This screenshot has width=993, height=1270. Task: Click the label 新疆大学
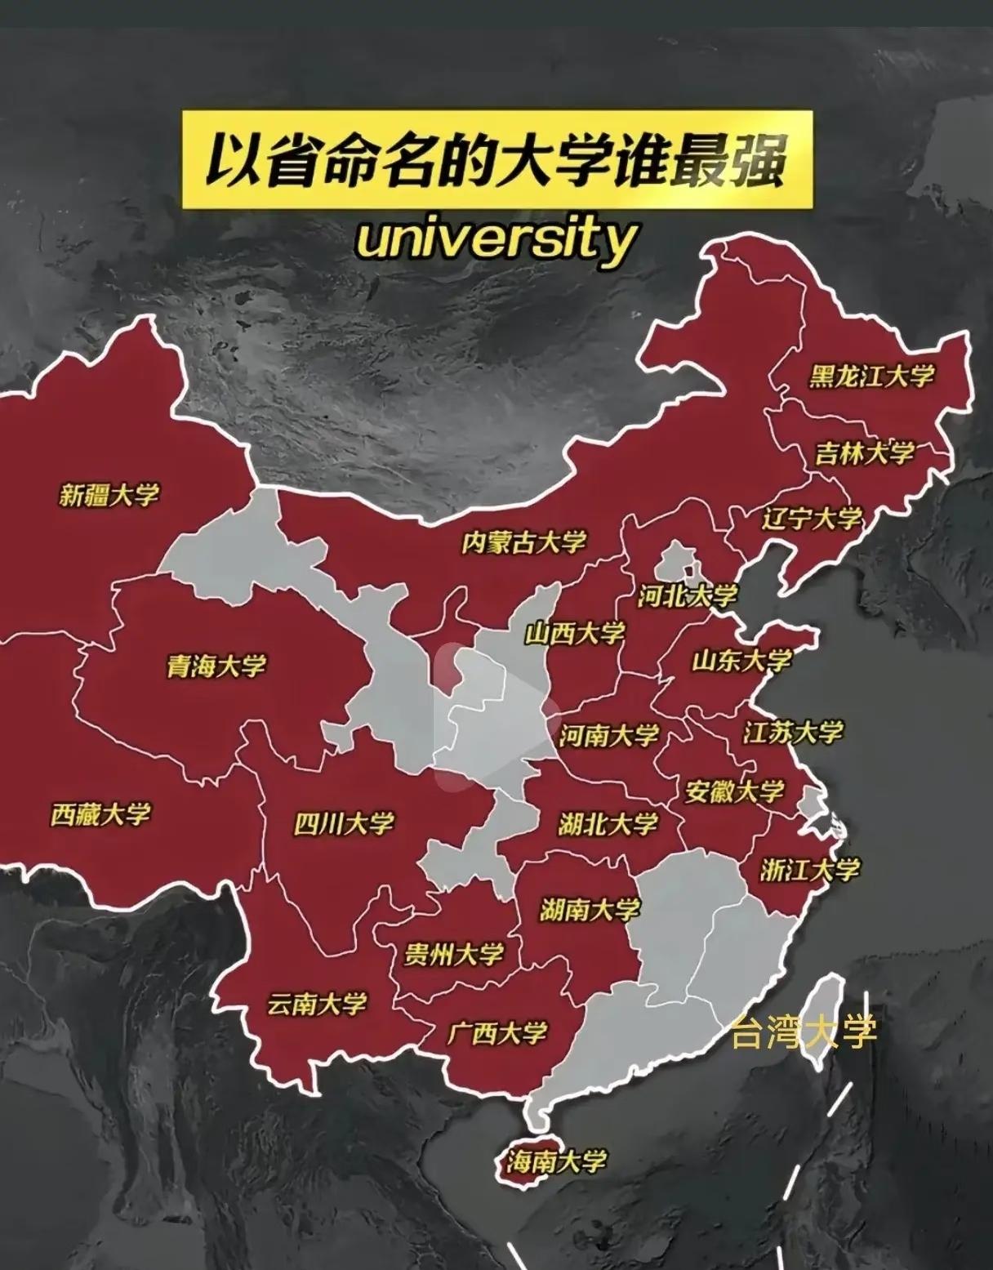[109, 494]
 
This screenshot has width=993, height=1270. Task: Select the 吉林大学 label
[864, 452]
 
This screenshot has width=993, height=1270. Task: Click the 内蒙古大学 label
[523, 541]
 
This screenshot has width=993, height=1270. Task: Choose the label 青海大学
[216, 666]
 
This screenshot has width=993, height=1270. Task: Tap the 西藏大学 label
[100, 814]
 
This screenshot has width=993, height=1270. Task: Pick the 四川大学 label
[344, 823]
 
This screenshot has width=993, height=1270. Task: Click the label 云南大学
[317, 1004]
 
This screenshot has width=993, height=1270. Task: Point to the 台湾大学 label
[804, 1032]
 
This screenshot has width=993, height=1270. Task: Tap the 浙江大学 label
[810, 870]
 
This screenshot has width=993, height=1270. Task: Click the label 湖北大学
[608, 824]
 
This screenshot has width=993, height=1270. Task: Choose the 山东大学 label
[741, 660]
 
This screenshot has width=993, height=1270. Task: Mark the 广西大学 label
[496, 1033]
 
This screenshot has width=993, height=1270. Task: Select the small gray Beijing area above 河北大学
[676, 563]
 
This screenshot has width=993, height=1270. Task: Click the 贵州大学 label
[454, 954]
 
